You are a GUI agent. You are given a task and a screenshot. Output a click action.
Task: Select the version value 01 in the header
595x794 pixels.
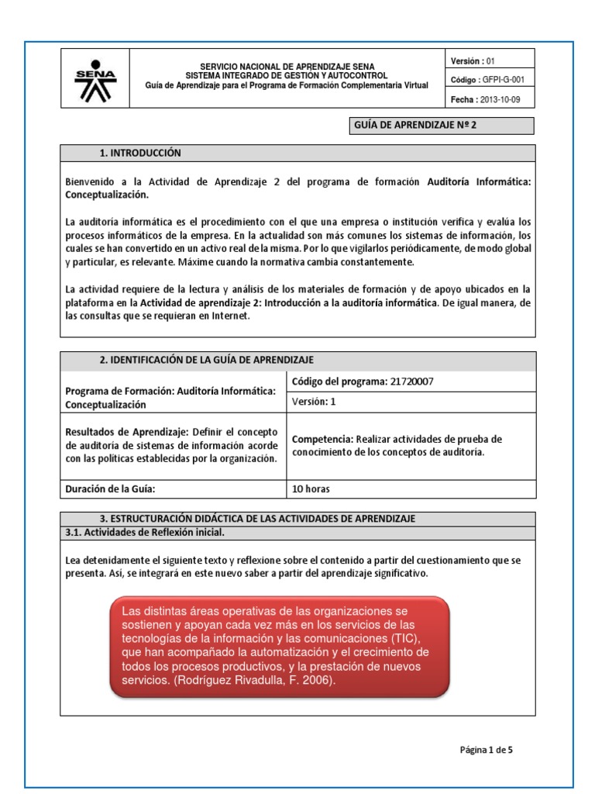coord(491,60)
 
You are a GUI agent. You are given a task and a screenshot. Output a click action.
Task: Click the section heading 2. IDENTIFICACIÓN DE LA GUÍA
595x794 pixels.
coord(206,360)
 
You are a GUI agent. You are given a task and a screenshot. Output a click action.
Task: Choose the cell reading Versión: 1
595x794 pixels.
coord(314,402)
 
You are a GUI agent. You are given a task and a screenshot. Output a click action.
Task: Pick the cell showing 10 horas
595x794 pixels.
coord(311,489)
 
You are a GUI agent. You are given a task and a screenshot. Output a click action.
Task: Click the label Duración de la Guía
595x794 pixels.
coord(116,489)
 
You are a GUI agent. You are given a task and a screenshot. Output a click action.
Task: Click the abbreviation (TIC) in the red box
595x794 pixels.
coord(403,638)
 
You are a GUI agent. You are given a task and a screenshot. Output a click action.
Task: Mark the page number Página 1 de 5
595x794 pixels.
coord(486,750)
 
